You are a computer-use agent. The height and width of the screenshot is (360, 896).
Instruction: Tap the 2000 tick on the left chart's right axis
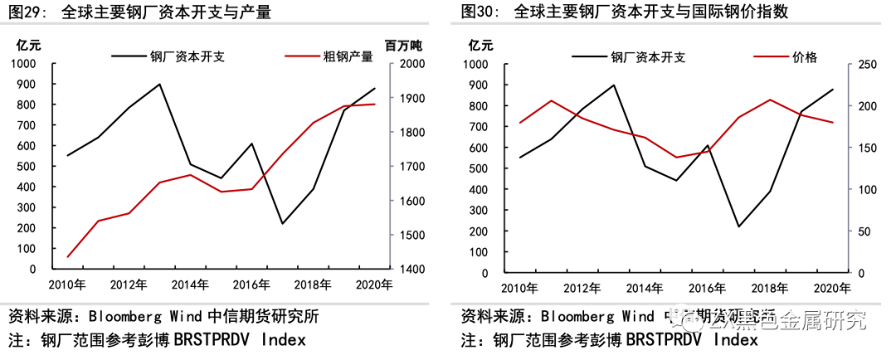pyautogui.click(x=412, y=64)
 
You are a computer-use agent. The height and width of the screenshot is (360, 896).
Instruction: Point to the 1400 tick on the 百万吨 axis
pyautogui.click(x=412, y=269)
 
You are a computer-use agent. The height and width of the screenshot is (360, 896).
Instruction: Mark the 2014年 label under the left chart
pyautogui.click(x=189, y=285)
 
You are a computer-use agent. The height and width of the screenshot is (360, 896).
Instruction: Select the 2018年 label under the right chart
pyautogui.click(x=769, y=288)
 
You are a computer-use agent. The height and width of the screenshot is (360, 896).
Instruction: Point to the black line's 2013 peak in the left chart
pyautogui.click(x=159, y=84)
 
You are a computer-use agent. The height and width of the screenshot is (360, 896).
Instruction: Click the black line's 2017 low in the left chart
pyautogui.click(x=282, y=223)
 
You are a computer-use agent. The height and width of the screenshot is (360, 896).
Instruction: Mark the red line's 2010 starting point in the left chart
pyautogui.click(x=67, y=257)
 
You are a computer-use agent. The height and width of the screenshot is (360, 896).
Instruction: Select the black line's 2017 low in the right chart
pyautogui.click(x=738, y=226)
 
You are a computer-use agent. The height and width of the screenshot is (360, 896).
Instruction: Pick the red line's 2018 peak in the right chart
pyautogui.click(x=770, y=100)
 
